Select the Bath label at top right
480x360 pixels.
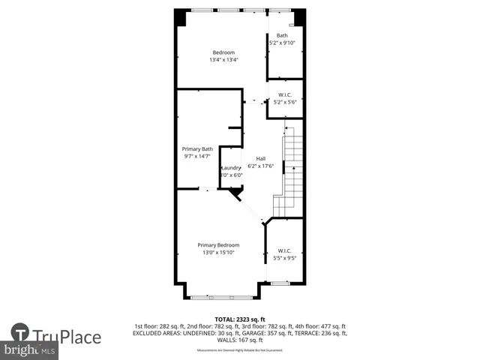(x=282, y=35)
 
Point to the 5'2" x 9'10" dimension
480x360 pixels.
(x=282, y=43)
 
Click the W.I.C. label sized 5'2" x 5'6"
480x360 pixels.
(x=285, y=94)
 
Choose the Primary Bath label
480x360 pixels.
(x=198, y=149)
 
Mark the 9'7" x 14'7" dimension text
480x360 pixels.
(x=198, y=157)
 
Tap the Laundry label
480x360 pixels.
(x=231, y=167)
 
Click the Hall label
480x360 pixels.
(x=261, y=158)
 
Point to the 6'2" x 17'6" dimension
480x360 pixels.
(x=261, y=166)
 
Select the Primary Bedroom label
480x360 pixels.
(x=218, y=245)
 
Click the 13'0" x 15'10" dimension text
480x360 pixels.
(x=218, y=253)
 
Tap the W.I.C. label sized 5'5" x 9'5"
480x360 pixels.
(x=284, y=250)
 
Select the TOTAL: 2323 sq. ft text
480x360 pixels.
(x=240, y=319)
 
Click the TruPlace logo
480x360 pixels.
(x=56, y=336)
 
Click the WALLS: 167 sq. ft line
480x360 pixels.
(x=240, y=340)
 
